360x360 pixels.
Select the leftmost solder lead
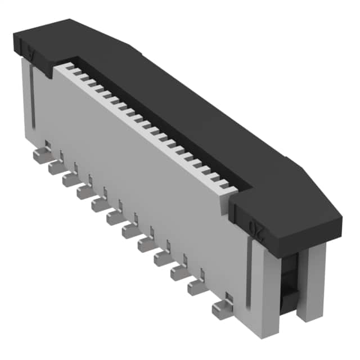[x=41, y=156]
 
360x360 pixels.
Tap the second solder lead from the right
[x=196, y=287]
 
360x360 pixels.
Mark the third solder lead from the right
[x=179, y=273]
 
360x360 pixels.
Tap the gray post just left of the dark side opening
[x=268, y=281]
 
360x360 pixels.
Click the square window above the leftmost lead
[x=48, y=146]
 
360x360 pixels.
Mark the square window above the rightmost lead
[x=229, y=296]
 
